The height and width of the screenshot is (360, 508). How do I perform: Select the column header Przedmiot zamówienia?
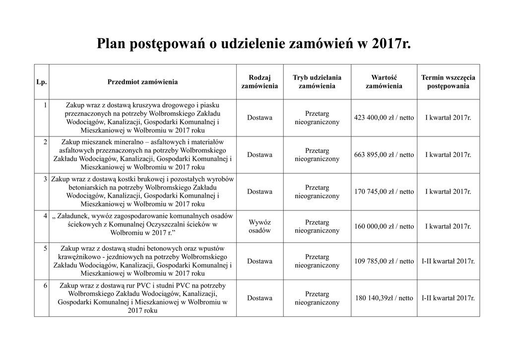click(142, 82)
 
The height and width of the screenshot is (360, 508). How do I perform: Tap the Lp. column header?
click(42, 82)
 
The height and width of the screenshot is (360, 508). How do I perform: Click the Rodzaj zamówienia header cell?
click(259, 82)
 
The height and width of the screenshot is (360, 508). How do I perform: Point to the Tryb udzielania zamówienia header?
click(317, 82)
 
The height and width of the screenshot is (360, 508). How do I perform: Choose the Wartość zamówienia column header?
click(384, 82)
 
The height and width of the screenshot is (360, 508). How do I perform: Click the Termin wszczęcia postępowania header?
click(448, 82)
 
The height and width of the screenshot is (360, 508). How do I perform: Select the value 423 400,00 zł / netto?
click(384, 118)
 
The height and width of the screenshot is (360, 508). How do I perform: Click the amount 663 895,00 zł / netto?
click(384, 155)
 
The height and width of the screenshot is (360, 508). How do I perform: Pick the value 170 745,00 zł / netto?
click(384, 192)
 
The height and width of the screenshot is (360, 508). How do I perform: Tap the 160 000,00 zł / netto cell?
click(384, 226)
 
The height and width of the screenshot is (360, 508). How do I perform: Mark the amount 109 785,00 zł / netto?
click(384, 261)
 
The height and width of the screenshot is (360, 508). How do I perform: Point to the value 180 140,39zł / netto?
click(384, 298)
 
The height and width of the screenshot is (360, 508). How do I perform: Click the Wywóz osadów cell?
click(259, 226)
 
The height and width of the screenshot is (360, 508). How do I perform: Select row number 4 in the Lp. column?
click(45, 216)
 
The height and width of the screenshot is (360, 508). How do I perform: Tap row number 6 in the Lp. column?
click(45, 286)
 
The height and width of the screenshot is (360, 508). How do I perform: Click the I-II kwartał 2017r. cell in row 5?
click(448, 261)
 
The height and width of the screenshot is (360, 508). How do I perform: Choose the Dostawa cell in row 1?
click(259, 118)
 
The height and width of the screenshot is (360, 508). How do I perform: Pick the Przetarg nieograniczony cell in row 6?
click(317, 298)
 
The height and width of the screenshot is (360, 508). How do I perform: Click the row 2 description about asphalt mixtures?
click(142, 155)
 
